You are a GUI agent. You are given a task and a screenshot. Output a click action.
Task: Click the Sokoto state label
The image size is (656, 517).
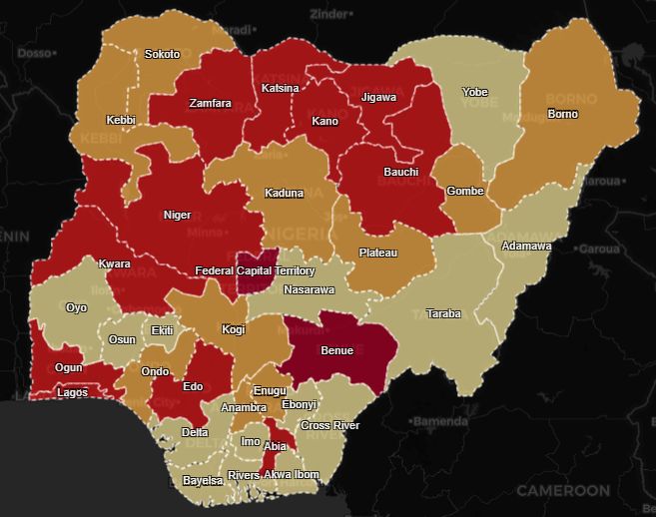pyautogui.click(x=162, y=54)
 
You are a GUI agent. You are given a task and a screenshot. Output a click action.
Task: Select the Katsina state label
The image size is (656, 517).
pyautogui.click(x=280, y=88)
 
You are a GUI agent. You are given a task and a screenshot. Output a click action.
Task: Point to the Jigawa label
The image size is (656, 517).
pyautogui.click(x=378, y=97)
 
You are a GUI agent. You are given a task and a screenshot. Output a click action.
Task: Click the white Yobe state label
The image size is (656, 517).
pyautogui.click(x=474, y=92)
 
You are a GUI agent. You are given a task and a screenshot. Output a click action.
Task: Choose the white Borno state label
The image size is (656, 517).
pyautogui.click(x=562, y=114)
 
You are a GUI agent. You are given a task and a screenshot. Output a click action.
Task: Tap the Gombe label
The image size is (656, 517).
pyautogui.click(x=464, y=191)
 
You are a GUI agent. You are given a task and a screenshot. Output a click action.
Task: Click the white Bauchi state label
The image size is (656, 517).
pyautogui.click(x=400, y=172)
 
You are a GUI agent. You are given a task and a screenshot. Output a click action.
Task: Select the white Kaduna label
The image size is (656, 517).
pyautogui.click(x=284, y=193)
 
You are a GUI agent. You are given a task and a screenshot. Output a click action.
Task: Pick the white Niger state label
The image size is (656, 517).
pyautogui.click(x=177, y=215)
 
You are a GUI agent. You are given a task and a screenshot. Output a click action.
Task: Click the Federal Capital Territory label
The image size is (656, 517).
pyautogui.click(x=255, y=271)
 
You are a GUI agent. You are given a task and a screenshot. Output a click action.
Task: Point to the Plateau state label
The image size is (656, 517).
pyautogui.click(x=377, y=253)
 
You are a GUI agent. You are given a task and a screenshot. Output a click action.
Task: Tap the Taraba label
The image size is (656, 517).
pyautogui.click(x=443, y=313)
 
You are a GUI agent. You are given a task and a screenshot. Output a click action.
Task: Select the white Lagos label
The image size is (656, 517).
pyautogui.click(x=71, y=392)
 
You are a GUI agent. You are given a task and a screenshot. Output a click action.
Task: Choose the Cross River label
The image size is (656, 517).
pyautogui.click(x=329, y=425)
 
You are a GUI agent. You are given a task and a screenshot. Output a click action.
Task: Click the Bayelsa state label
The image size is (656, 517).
pyautogui.click(x=203, y=481)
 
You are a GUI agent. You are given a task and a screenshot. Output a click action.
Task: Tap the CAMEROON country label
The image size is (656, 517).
pyautogui.click(x=562, y=491)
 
